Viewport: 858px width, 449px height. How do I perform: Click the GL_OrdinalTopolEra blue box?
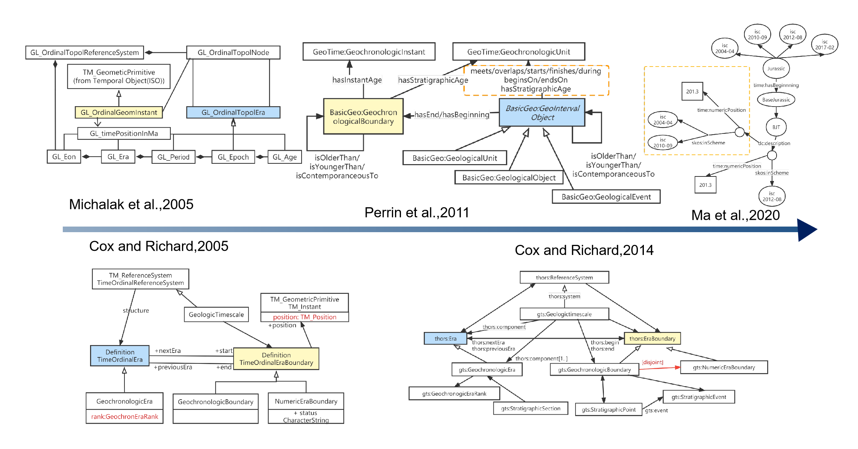[233, 113]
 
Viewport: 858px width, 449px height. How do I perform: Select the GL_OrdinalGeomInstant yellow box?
[119, 113]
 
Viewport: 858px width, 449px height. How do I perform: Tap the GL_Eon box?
[64, 157]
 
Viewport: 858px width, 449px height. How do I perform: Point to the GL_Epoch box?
[233, 157]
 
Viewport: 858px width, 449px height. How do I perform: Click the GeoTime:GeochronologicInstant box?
[369, 52]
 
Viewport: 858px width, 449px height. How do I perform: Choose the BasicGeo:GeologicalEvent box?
[606, 197]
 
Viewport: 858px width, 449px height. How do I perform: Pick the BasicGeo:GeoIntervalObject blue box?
[542, 113]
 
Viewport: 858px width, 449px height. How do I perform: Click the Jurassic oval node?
[776, 68]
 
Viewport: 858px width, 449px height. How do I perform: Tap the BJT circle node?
[776, 127]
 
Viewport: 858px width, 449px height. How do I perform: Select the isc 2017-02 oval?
[825, 44]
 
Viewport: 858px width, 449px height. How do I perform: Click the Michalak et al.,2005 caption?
[131, 204]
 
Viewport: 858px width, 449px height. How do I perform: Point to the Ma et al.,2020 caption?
[735, 215]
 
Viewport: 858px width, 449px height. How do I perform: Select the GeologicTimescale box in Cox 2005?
[216, 314]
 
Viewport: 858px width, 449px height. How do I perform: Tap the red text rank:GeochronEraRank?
[124, 416]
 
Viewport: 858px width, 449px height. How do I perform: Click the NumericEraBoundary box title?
[306, 401]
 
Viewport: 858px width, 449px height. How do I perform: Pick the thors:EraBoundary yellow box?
[652, 338]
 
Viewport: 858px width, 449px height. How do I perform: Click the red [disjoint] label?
[652, 362]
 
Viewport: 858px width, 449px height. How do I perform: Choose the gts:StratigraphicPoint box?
[608, 409]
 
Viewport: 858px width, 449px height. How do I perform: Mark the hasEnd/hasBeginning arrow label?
[451, 115]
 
